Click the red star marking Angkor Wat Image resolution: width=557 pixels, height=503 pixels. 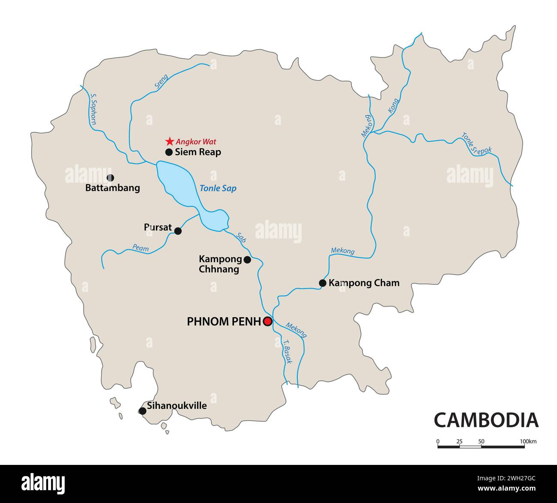[170, 141]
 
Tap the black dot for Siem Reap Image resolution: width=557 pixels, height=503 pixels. [169, 152]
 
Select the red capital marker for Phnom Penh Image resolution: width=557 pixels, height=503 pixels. [268, 321]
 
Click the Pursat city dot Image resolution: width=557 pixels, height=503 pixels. [178, 231]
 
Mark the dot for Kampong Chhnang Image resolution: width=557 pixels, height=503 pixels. [247, 259]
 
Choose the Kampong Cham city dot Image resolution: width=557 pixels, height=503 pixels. [323, 283]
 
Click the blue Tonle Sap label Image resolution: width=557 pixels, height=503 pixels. [218, 188]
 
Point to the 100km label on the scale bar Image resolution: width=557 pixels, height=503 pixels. [528, 441]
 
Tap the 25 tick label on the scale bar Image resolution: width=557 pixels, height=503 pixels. [459, 441]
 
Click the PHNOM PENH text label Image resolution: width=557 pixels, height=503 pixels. [224, 321]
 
